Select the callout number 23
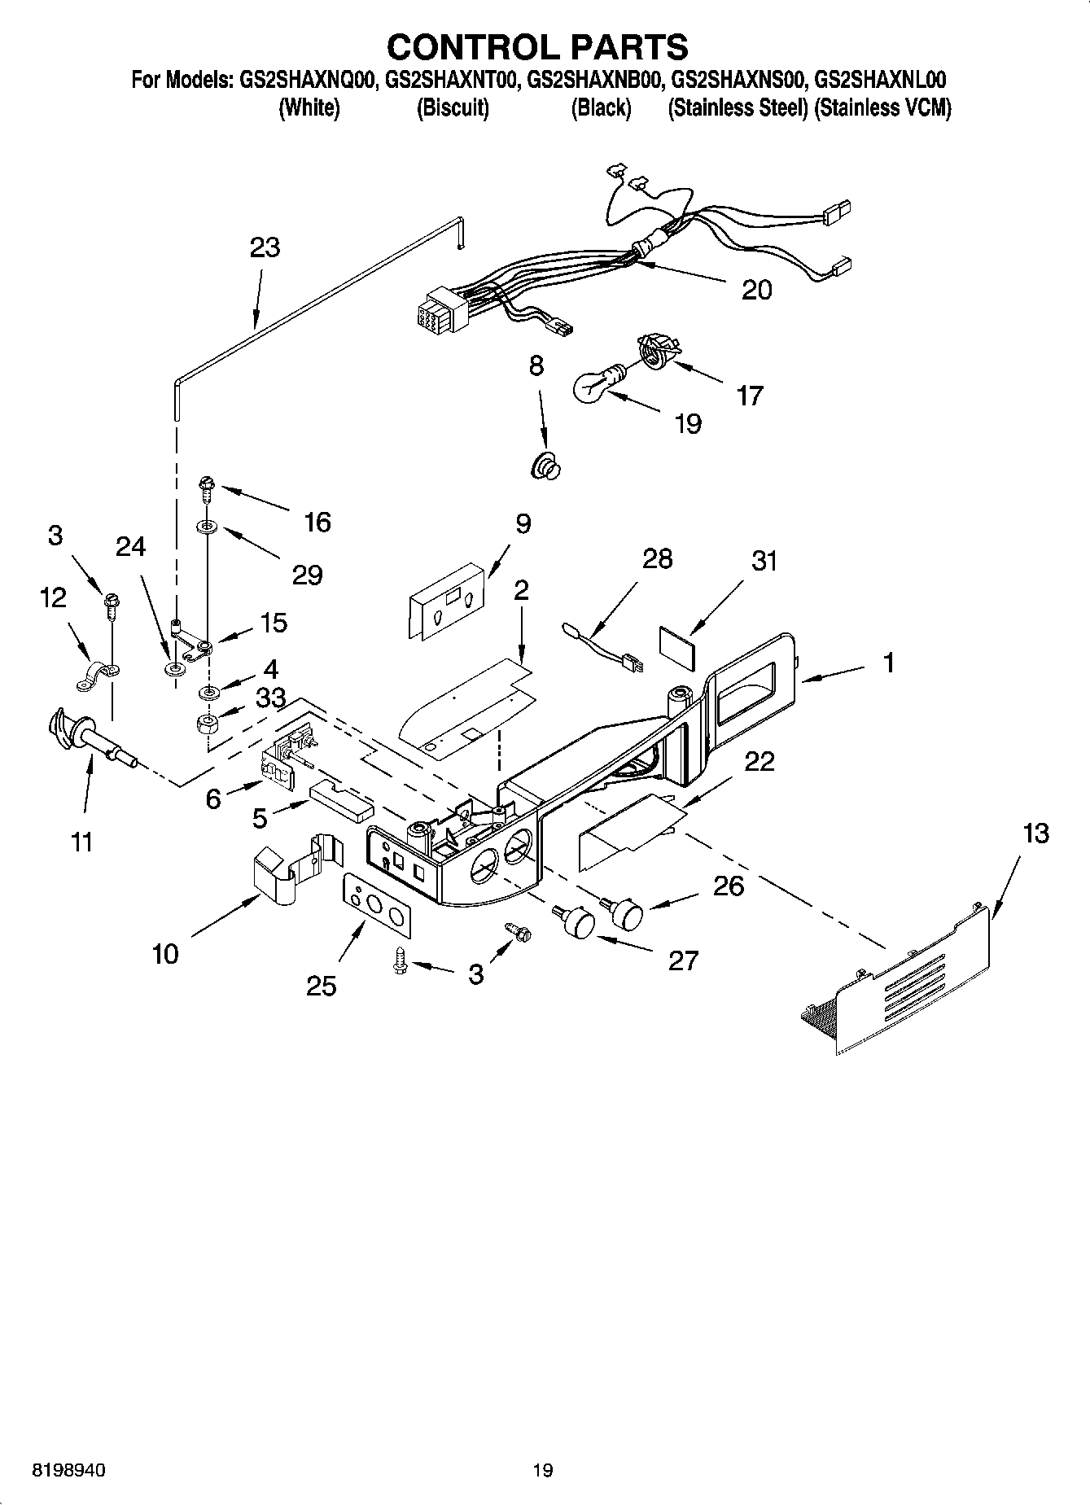click(265, 247)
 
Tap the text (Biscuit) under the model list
click(453, 108)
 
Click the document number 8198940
click(68, 1471)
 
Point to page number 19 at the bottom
click(543, 1471)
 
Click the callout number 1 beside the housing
click(889, 663)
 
